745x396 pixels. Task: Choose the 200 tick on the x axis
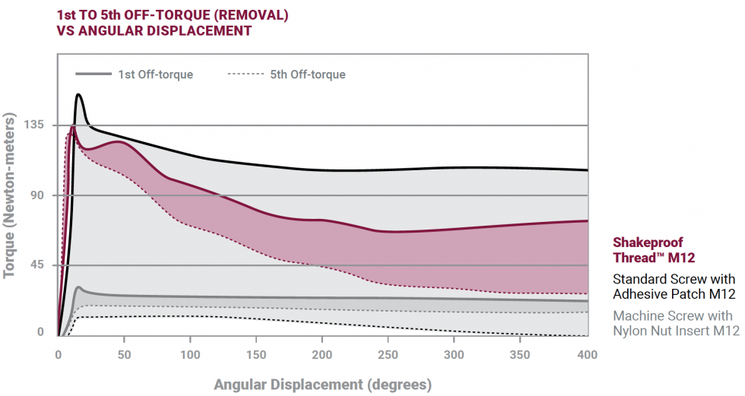pos(322,354)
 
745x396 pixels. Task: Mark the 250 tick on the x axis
pos(388,354)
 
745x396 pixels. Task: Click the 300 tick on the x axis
pos(455,354)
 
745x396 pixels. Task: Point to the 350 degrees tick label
pos(521,354)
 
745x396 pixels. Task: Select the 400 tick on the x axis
pos(587,354)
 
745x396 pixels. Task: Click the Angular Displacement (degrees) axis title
pos(322,384)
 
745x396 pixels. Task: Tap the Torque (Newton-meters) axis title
pos(11,196)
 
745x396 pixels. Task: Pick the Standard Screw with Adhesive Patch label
pos(674,287)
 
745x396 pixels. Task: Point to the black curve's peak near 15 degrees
pos(78,95)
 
